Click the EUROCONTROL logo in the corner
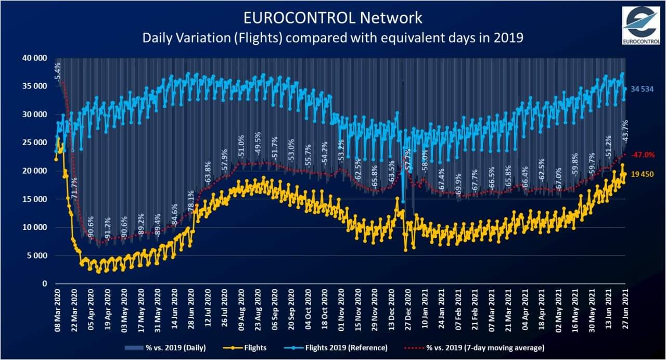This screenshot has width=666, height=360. pos(641,26)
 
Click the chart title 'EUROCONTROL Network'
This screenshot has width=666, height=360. pos(333,18)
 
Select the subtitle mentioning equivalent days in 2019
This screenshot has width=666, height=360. pos(333,37)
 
